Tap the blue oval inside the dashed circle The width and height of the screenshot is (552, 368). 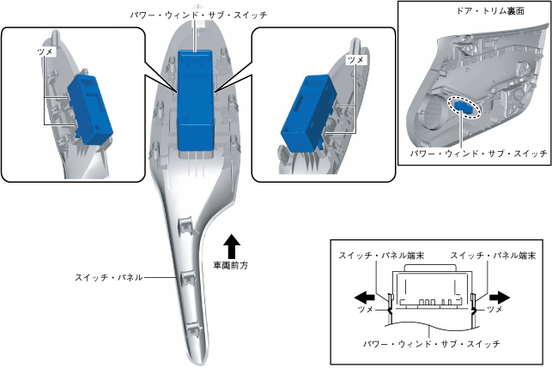464,107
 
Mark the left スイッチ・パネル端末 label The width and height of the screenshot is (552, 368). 377,256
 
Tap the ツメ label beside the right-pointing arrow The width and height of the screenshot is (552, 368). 496,306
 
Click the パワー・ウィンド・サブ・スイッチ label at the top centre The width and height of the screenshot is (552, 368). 197,15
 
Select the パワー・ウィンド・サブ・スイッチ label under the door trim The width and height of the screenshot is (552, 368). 476,154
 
